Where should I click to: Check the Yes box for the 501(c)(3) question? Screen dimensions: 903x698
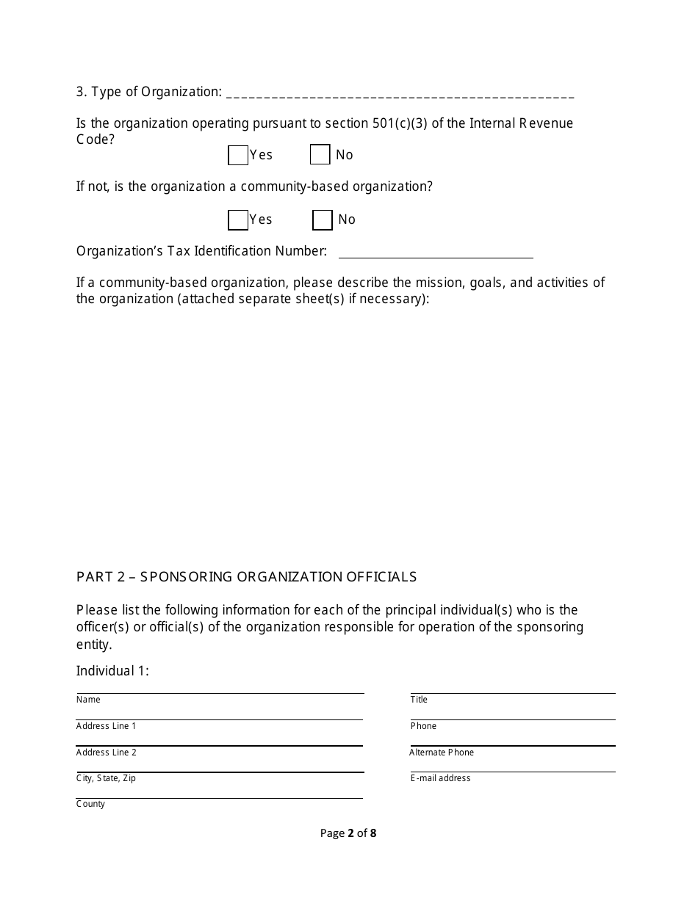click(238, 156)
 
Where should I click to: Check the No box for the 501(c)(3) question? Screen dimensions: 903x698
click(320, 155)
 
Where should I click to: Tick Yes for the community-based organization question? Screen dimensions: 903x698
click(238, 220)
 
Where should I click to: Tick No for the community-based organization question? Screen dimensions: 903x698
click(323, 220)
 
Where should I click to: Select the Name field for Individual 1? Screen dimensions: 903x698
click(220, 687)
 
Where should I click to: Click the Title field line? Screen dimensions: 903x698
click(513, 687)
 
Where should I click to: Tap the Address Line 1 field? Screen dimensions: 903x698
click(220, 714)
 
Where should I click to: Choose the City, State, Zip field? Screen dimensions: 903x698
click(220, 766)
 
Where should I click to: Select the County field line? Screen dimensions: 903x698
click(220, 793)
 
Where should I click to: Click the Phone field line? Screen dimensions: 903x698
click(513, 714)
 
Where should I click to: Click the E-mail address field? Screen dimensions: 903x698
click(513, 766)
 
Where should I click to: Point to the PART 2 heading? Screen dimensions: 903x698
click(246, 577)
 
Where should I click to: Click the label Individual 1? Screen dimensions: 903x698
click(112, 671)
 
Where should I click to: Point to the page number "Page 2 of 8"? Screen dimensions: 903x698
click(348, 833)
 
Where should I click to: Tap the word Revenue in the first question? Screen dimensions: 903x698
click(546, 123)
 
